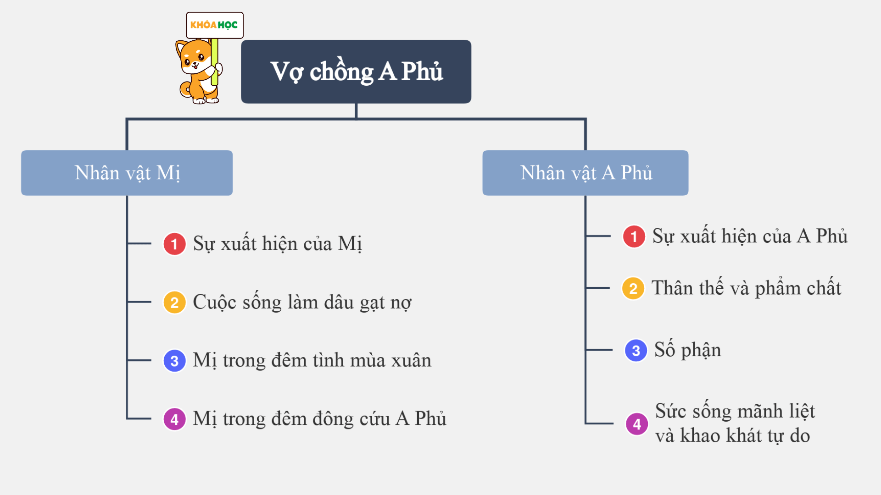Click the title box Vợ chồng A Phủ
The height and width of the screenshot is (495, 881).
pos(356,71)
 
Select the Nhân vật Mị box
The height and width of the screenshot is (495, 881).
pos(127,173)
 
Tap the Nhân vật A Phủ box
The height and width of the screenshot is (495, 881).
pos(585,173)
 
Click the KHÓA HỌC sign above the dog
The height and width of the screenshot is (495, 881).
pos(214,25)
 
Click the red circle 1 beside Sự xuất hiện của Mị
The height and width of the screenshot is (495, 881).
pos(174,244)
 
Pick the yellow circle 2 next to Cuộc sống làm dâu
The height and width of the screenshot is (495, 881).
pos(174,302)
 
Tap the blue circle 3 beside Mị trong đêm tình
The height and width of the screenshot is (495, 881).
pos(174,361)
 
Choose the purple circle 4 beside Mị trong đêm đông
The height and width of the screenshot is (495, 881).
pos(174,419)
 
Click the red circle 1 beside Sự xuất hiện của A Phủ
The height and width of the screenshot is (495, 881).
pos(634,236)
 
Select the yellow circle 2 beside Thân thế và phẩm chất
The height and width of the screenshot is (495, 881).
pos(633,288)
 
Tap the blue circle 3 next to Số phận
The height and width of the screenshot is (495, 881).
pos(636,351)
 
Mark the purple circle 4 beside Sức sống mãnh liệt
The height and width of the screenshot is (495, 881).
pos(637,424)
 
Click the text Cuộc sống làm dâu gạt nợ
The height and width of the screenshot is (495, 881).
pos(302,302)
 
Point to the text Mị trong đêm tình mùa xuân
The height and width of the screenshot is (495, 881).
pos(312,361)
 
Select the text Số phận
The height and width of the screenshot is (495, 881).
pos(687,350)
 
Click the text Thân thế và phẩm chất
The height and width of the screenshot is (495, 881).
pos(747,288)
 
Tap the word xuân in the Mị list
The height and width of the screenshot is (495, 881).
pos(411,361)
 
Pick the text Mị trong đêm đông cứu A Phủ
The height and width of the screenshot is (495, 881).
pos(319,419)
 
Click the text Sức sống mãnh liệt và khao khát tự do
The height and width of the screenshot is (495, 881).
pos(735,423)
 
